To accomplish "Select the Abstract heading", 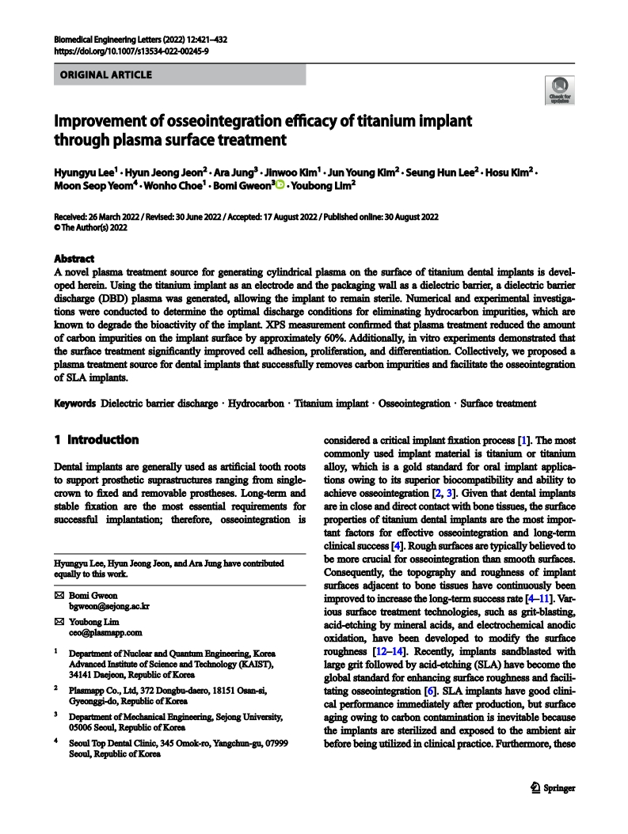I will [74, 259].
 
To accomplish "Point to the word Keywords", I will [74, 404].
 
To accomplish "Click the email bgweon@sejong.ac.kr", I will [109, 606].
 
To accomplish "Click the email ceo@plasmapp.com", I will [105, 633].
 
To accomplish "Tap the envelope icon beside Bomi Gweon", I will [58, 594].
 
